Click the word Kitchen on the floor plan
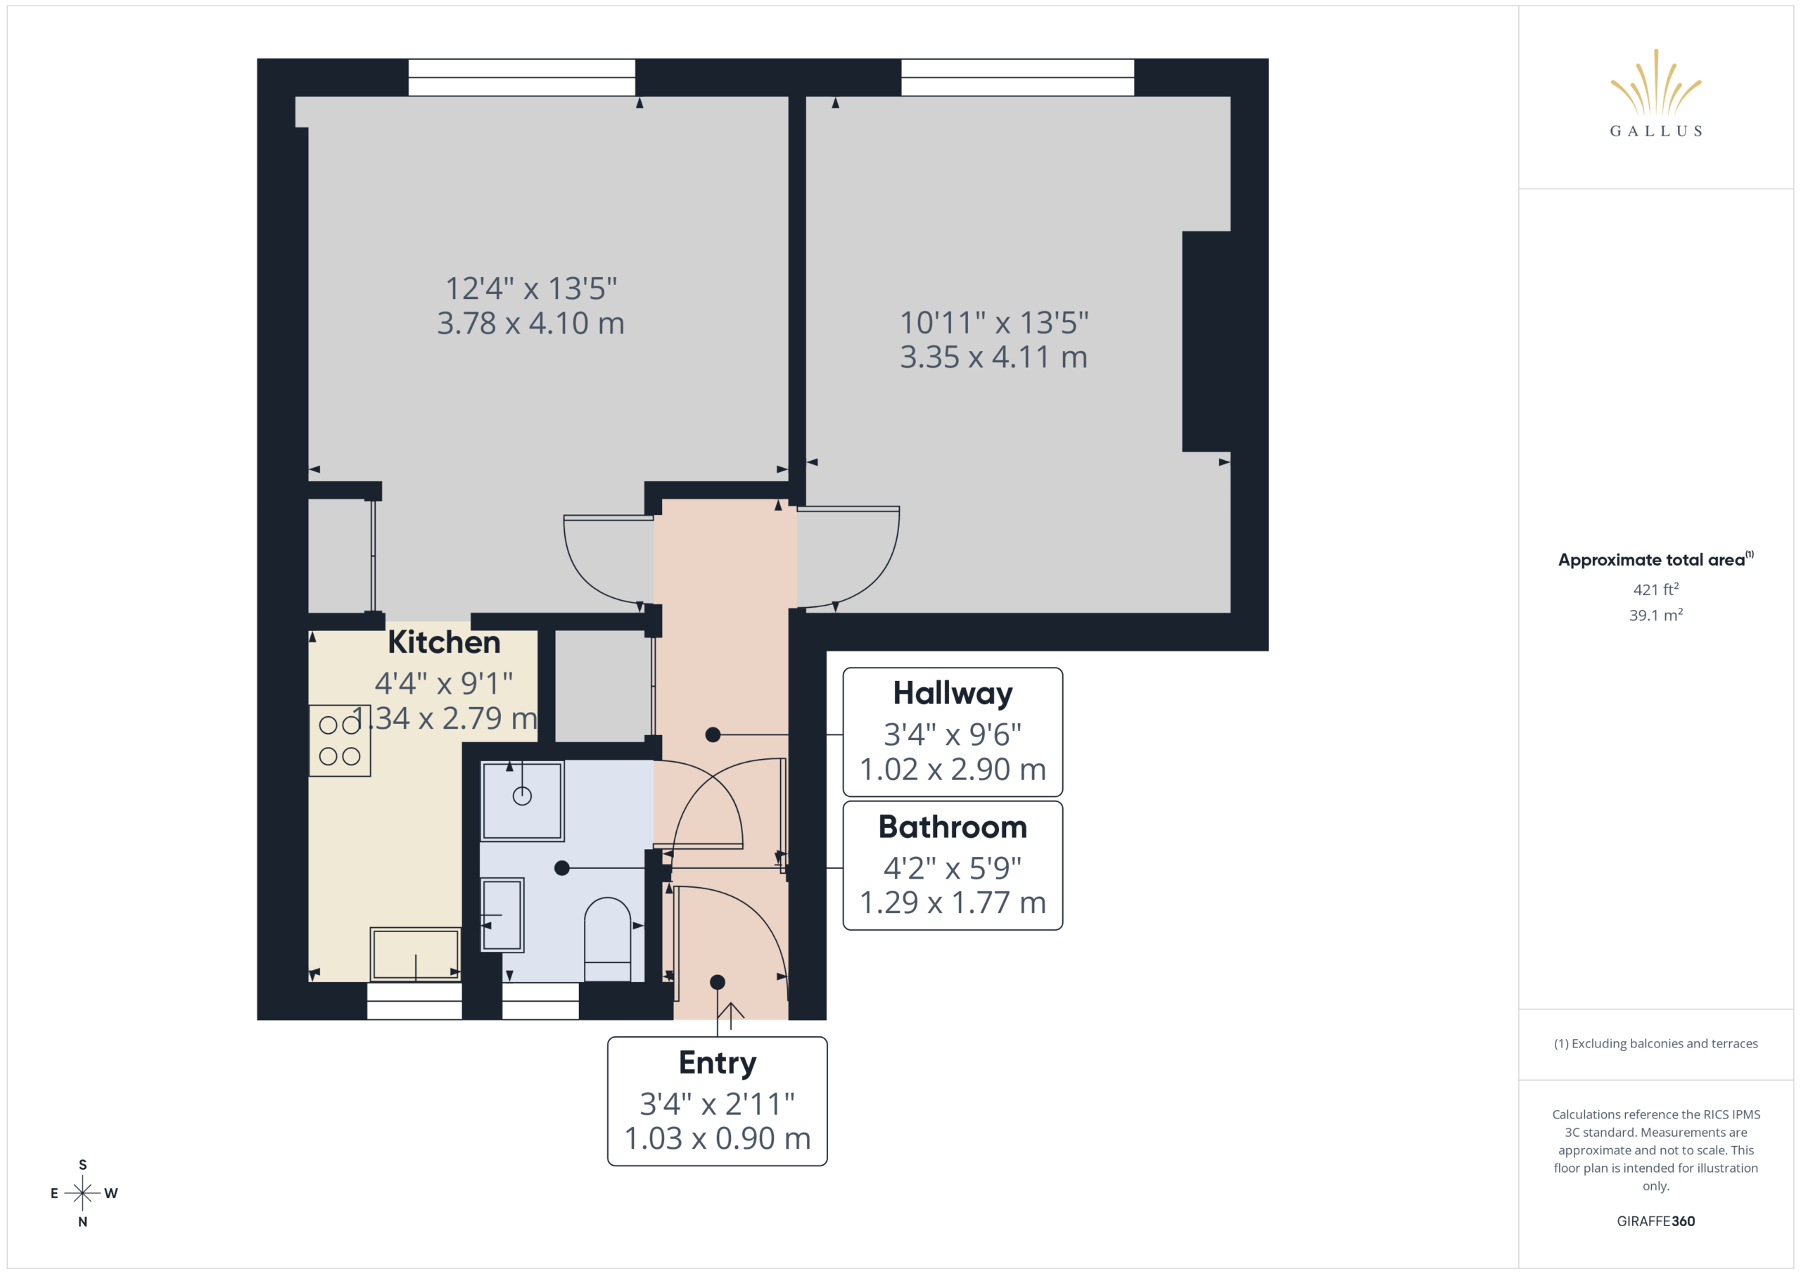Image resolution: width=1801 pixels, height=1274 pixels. [444, 642]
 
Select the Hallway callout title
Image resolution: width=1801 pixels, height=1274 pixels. [953, 694]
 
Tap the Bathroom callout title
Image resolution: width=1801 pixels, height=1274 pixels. [953, 827]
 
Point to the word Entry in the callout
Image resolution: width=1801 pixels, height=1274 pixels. [717, 1063]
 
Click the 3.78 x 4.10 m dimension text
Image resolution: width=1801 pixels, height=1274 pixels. [530, 323]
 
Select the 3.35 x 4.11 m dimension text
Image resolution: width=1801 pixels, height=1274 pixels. [993, 357]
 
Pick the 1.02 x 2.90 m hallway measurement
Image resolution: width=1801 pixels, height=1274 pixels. [953, 770]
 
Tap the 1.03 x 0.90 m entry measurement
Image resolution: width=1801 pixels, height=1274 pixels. [717, 1138]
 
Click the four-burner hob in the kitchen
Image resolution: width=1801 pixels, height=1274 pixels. [340, 741]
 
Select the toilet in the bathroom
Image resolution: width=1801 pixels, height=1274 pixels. [607, 939]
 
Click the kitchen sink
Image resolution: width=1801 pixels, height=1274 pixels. [415, 954]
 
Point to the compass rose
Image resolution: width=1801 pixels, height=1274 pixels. [82, 1193]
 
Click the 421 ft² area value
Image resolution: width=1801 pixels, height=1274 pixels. [1655, 589]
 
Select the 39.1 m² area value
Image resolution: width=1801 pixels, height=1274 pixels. [1655, 615]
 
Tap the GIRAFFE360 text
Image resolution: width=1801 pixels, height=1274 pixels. [1655, 1221]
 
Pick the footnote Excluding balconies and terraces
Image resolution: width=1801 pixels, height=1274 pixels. [1655, 1043]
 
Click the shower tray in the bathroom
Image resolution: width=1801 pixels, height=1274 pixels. [523, 800]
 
